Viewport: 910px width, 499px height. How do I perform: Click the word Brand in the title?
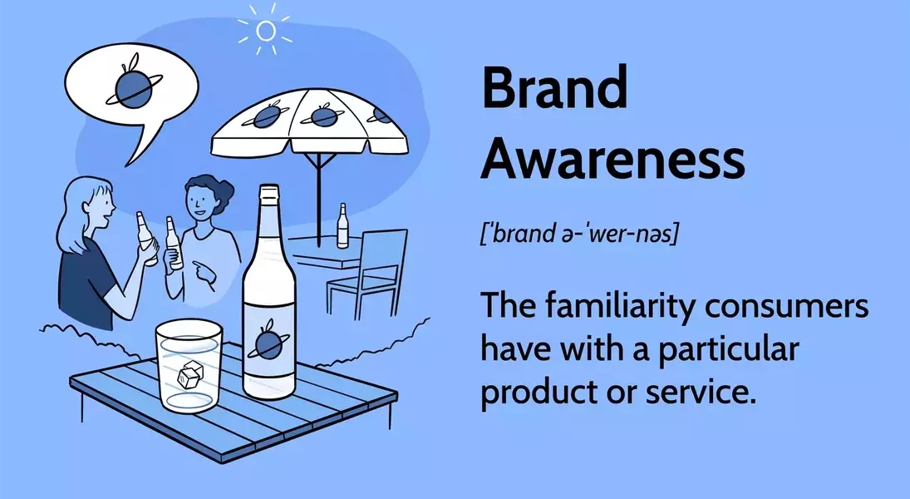(554, 88)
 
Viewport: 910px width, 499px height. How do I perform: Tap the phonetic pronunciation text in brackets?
(579, 234)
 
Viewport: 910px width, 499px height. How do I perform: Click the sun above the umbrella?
(265, 30)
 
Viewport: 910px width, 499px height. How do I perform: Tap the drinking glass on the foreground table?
(189, 365)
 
